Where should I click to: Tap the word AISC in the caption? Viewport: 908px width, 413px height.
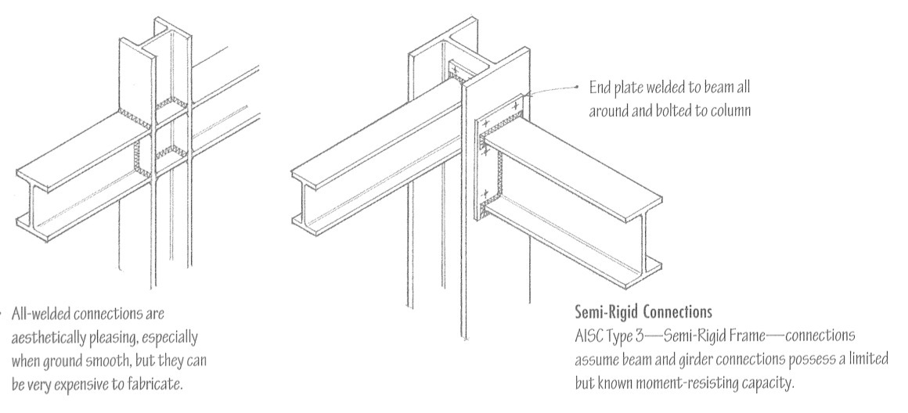click(x=588, y=334)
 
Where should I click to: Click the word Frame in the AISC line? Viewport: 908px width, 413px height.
click(x=748, y=334)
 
